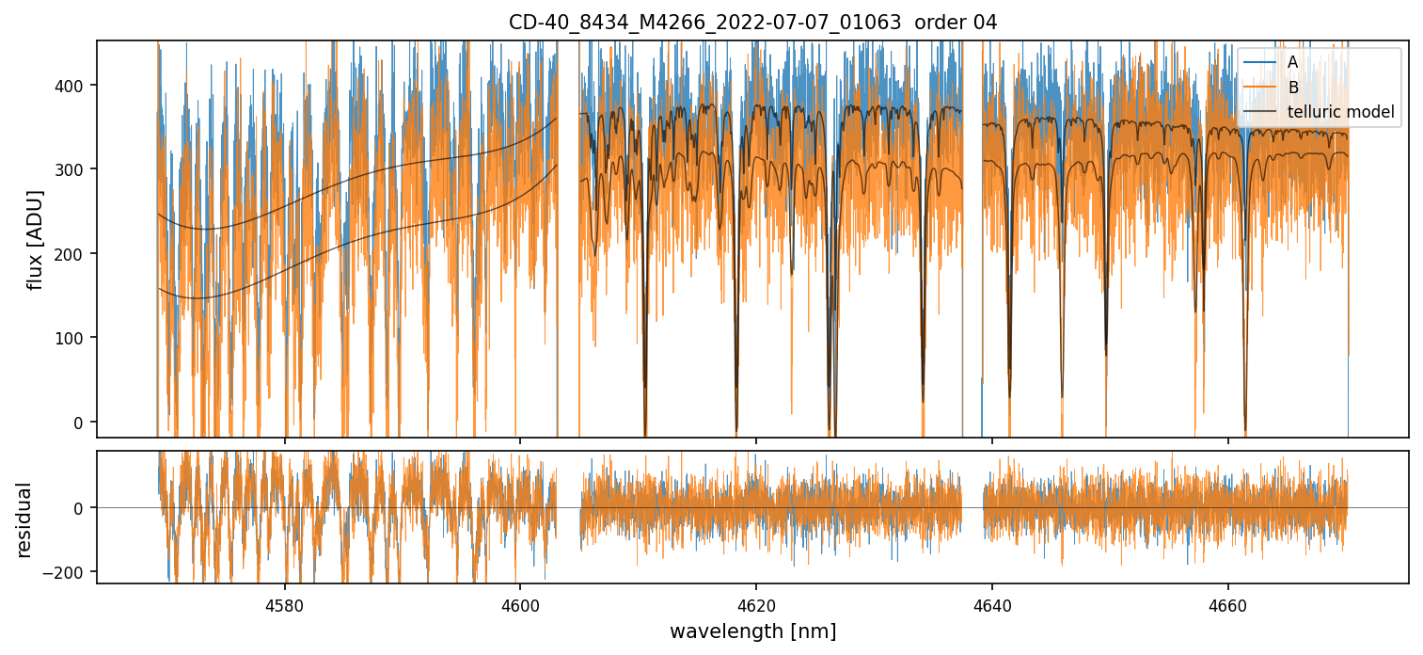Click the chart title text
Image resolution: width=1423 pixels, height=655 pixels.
[x=752, y=22]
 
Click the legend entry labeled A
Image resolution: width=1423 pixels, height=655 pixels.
[x=1292, y=62]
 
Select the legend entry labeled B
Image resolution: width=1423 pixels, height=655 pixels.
[x=1292, y=88]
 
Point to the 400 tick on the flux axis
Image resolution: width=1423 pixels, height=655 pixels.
[x=75, y=86]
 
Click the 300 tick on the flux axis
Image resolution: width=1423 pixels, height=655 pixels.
[x=75, y=169]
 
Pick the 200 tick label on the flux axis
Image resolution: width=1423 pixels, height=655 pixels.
[x=75, y=254]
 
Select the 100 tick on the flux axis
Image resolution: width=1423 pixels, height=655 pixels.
[x=75, y=338]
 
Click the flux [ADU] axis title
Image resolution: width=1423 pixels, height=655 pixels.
[x=36, y=239]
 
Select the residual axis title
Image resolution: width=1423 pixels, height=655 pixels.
[x=24, y=519]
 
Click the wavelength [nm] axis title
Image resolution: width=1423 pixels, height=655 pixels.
[x=752, y=631]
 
